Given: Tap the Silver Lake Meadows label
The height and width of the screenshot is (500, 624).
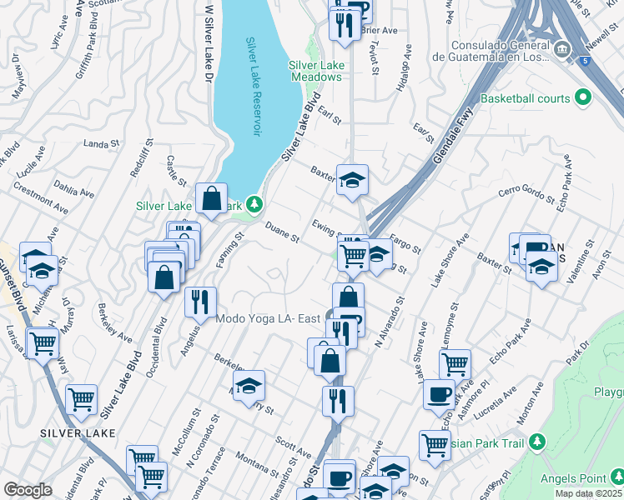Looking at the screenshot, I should [x=315, y=71].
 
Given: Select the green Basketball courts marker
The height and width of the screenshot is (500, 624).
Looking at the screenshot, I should [x=583, y=98].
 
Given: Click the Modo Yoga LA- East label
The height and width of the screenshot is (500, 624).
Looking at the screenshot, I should [x=268, y=318].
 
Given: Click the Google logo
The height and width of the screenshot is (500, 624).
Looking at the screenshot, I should [x=28, y=490].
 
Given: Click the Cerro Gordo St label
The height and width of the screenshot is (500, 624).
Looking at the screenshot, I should [x=526, y=194].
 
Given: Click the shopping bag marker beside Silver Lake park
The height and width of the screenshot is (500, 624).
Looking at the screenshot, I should [x=212, y=199].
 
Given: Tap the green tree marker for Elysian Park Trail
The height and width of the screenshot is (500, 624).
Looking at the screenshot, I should [x=538, y=439].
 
